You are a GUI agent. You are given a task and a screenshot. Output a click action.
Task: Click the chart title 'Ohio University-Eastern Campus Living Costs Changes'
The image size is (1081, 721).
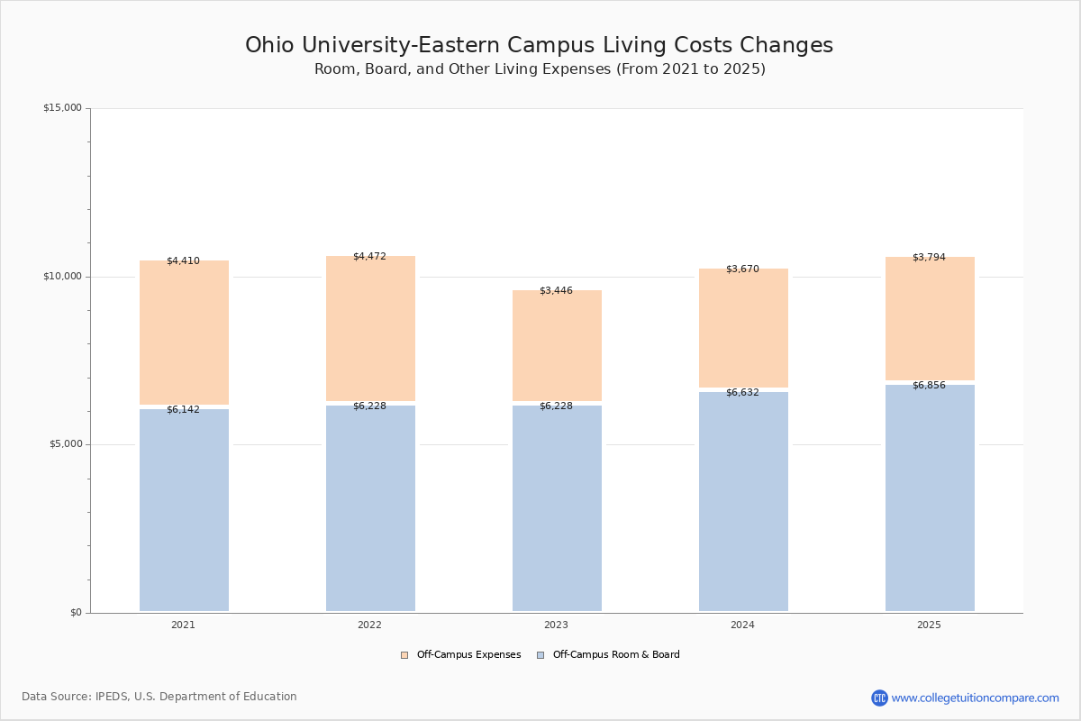pyautogui.click(x=539, y=45)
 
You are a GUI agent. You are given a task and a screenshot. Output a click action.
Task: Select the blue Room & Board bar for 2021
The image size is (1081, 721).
pyautogui.click(x=184, y=510)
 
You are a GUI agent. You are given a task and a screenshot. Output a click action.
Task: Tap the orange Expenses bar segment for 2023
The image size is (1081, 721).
pyautogui.click(x=557, y=347)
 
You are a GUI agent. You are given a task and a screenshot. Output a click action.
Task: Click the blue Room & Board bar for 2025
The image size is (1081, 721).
pyautogui.click(x=930, y=497)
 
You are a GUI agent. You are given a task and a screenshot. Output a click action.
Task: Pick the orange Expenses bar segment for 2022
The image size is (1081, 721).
pyautogui.click(x=370, y=329)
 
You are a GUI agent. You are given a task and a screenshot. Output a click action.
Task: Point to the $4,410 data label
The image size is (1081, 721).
pyautogui.click(x=183, y=261)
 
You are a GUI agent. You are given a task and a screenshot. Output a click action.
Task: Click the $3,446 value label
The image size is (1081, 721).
pyautogui.click(x=556, y=291)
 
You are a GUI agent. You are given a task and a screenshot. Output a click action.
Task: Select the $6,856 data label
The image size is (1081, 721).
pyautogui.click(x=929, y=386)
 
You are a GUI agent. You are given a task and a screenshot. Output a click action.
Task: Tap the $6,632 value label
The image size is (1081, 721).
pyautogui.click(x=742, y=393)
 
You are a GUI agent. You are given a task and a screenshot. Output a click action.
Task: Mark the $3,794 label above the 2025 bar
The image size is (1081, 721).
pyautogui.click(x=929, y=258)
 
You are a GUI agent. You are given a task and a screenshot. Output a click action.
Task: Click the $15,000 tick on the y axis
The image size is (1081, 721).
pyautogui.click(x=62, y=108)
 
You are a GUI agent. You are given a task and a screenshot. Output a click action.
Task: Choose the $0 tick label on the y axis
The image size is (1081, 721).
pyautogui.click(x=76, y=613)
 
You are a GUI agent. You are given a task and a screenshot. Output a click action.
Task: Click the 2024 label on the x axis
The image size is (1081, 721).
pyautogui.click(x=742, y=625)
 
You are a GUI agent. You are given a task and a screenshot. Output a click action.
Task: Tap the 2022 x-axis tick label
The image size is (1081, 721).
pyautogui.click(x=369, y=625)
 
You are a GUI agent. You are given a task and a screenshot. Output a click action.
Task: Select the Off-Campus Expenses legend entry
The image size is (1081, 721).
pyautogui.click(x=461, y=655)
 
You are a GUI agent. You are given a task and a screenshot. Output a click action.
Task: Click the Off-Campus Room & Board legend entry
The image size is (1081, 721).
pyautogui.click(x=609, y=655)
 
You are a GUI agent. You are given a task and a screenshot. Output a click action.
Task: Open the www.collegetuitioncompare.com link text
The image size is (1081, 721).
pyautogui.click(x=975, y=698)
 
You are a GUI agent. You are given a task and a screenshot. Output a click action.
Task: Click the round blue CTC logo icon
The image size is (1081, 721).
pyautogui.click(x=879, y=698)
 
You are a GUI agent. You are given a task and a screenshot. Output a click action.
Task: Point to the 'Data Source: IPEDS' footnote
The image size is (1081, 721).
pyautogui.click(x=159, y=697)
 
